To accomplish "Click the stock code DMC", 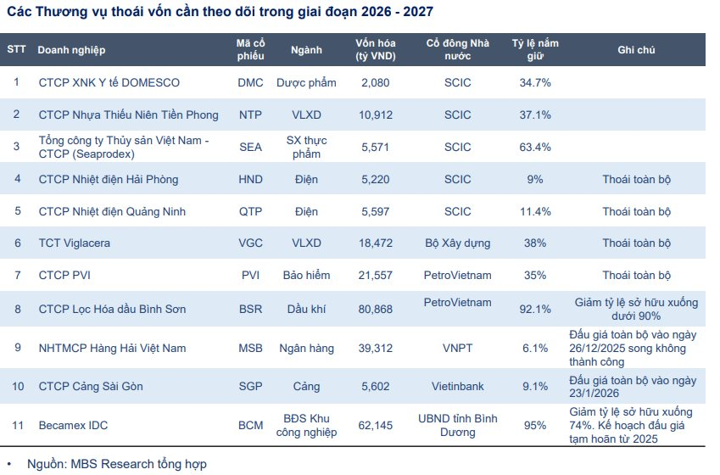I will point(250,82).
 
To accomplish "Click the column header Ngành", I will point(306,50).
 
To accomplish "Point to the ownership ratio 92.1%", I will point(534,308).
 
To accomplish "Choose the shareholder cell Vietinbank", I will point(457,386).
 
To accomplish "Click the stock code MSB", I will point(250,348).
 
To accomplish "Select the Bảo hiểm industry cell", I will point(306,275).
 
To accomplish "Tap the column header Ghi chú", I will point(636,50).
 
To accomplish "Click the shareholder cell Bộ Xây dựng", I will point(457,243).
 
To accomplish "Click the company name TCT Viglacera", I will point(75,243).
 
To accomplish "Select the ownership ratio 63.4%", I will point(534,147).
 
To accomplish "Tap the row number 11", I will point(16,425).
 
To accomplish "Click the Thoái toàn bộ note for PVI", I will point(636,275).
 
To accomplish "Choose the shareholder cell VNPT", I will point(457,348).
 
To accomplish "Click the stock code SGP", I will point(250,386).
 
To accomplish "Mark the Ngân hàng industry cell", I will point(306,348).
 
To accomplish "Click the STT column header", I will point(16,50).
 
